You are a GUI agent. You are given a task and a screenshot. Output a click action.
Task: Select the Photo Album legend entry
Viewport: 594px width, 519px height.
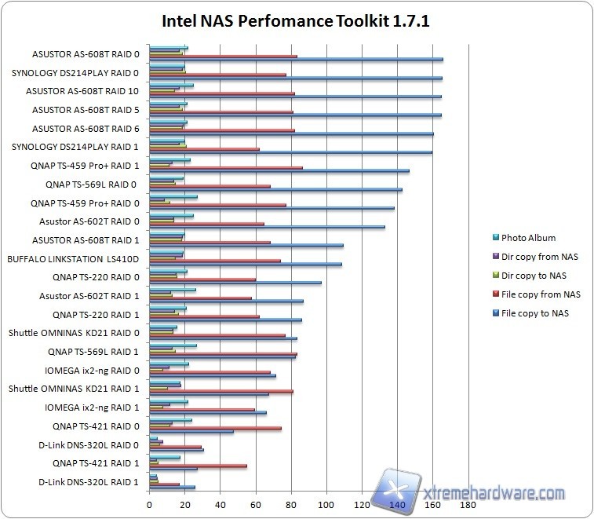pos(527,238)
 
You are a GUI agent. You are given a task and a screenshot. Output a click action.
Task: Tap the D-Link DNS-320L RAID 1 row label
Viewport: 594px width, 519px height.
pos(89,481)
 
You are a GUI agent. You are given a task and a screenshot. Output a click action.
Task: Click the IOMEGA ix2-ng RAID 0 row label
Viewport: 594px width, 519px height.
pos(89,370)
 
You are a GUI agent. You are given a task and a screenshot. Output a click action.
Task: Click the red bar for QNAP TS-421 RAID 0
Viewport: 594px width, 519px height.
pos(215,429)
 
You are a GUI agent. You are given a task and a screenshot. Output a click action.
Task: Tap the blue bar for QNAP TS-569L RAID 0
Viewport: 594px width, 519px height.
pos(275,190)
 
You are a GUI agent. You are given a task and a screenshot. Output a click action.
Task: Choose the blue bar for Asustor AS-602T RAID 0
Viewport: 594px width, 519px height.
pos(267,227)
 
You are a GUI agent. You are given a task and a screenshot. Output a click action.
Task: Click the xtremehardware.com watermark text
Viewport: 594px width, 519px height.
pos(494,494)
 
